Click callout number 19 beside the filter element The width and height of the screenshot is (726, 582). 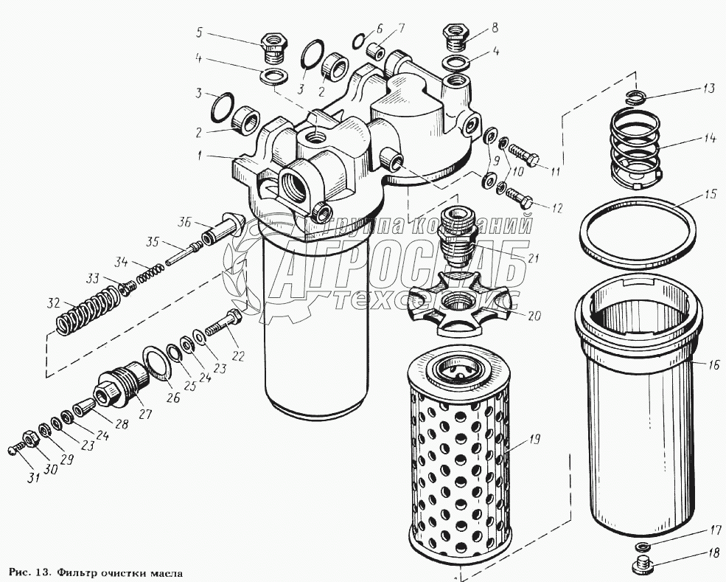click(534, 440)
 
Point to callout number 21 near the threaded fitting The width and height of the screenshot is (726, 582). click(534, 257)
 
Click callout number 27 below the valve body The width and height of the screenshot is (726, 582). click(145, 414)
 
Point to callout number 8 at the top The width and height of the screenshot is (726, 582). click(495, 28)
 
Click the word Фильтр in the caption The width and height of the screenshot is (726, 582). click(80, 572)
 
